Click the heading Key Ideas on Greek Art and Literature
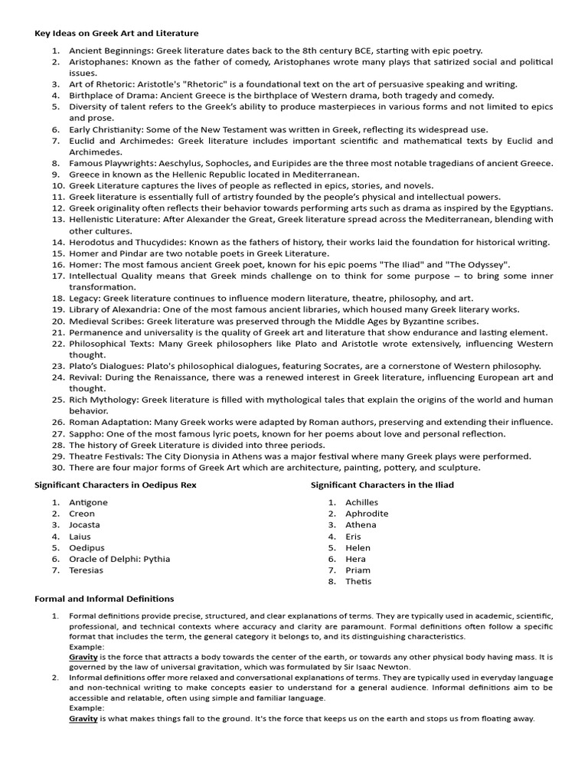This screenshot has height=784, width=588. click(116, 33)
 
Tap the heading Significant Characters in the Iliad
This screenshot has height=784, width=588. click(382, 485)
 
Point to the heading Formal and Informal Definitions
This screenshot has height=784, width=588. click(104, 599)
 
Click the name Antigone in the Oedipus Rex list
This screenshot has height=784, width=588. click(88, 502)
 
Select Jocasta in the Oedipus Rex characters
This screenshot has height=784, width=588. click(84, 525)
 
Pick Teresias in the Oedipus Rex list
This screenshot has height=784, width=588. click(87, 570)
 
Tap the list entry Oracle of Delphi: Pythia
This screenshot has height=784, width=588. click(119, 559)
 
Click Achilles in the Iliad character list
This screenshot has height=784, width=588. click(361, 502)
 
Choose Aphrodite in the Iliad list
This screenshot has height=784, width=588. click(367, 514)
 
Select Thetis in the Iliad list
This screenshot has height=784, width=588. click(358, 581)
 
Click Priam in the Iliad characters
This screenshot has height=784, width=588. click(358, 570)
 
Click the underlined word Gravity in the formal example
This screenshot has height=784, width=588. click(83, 657)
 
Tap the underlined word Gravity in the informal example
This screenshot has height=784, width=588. click(83, 719)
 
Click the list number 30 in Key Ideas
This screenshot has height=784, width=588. click(58, 467)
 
